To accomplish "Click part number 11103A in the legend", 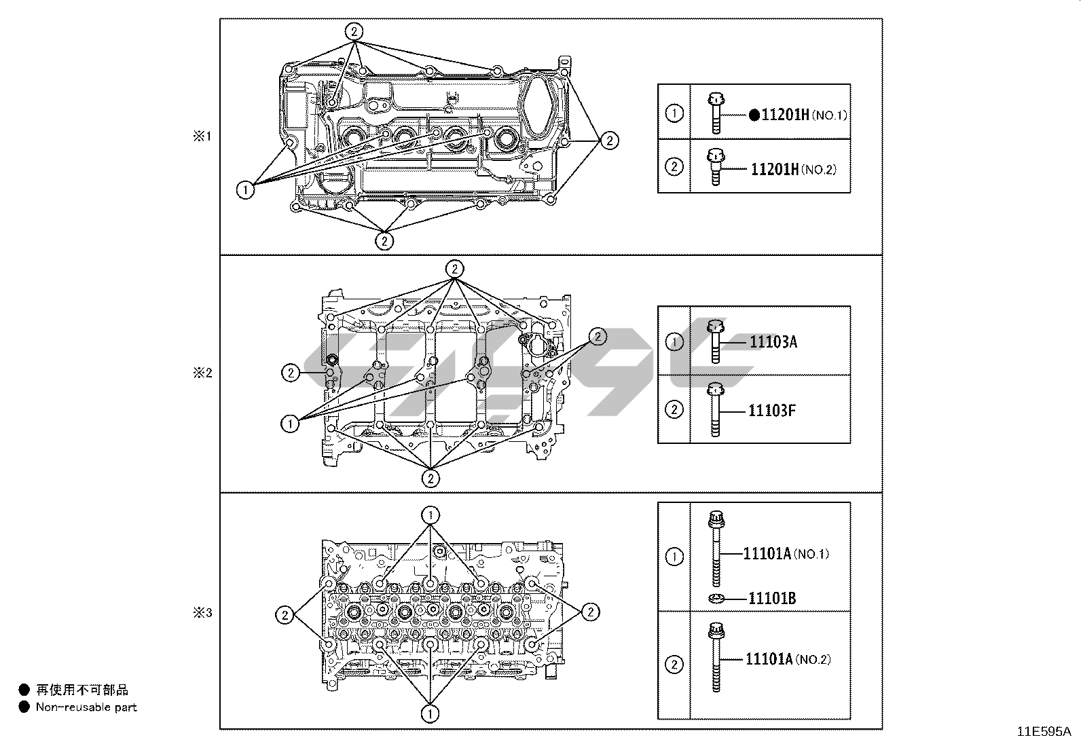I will (x=773, y=341).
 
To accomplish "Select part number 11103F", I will (x=772, y=410).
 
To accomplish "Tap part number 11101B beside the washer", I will (x=772, y=598).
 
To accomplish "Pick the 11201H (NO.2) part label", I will (x=793, y=169).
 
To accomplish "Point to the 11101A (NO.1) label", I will (x=786, y=554).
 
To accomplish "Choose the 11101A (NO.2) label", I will (x=788, y=659).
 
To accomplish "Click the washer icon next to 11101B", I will (x=716, y=598).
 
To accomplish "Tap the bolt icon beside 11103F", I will (x=715, y=409).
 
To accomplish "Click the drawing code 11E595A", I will (x=1044, y=732).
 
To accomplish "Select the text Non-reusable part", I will (x=86, y=707).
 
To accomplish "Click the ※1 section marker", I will (x=202, y=136).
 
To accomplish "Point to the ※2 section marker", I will (x=202, y=373).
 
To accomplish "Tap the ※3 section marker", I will (x=202, y=613).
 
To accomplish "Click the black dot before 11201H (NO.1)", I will (x=754, y=115).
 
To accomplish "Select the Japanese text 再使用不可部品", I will (x=82, y=690).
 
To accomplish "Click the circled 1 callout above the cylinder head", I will (x=430, y=514).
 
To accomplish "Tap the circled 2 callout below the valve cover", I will (x=384, y=240).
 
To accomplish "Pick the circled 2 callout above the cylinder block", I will (x=454, y=269).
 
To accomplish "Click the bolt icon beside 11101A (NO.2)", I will (x=715, y=657).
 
